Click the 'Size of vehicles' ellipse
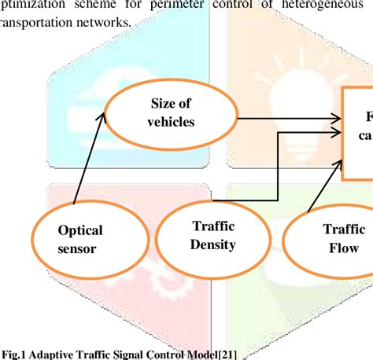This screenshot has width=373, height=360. point(172,113)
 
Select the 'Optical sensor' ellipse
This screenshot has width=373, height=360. point(79,240)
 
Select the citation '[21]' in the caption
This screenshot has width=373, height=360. point(226,354)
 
